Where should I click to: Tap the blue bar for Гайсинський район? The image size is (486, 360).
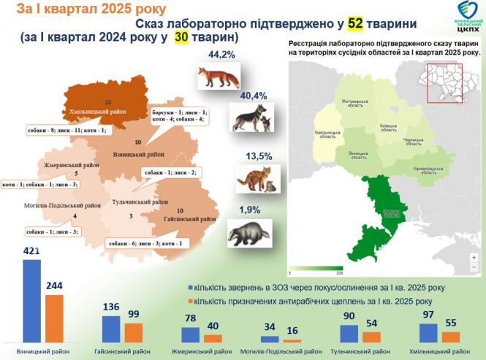(111, 329)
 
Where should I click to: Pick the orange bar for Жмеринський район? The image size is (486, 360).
(213, 338)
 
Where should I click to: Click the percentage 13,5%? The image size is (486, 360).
(248, 156)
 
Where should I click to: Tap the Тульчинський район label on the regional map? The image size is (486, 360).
(140, 202)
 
